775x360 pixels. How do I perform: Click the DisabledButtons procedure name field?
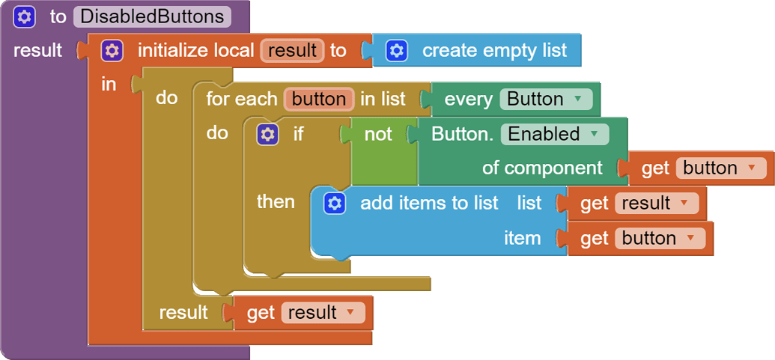(x=152, y=16)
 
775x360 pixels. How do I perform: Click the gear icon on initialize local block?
(x=112, y=51)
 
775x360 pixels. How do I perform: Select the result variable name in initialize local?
(x=292, y=51)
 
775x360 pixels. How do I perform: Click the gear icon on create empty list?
(x=397, y=51)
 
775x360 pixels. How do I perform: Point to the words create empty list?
(x=494, y=51)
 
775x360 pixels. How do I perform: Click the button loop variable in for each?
(x=318, y=99)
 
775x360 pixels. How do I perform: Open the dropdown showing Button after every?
(x=544, y=99)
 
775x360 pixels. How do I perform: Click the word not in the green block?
(x=378, y=135)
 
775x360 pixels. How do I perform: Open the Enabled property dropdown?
(x=553, y=135)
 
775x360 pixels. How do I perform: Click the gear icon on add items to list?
(x=335, y=203)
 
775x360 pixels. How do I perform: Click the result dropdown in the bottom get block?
(x=323, y=312)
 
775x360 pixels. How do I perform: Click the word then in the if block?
(x=276, y=201)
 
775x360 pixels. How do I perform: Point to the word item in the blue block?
(x=522, y=238)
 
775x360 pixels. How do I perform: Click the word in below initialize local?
(x=109, y=85)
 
